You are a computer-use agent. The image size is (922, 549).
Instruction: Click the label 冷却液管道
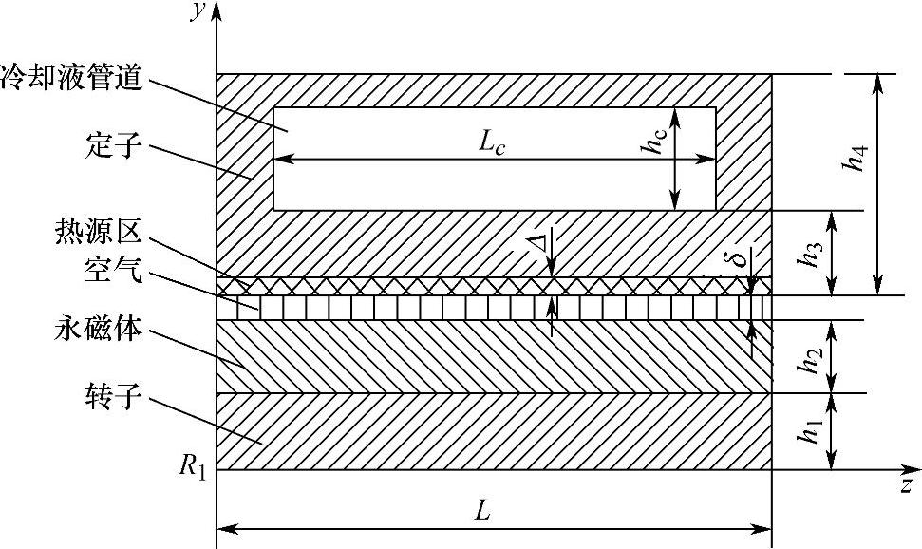[x=72, y=80]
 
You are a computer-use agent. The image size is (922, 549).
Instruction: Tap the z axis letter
[x=906, y=484]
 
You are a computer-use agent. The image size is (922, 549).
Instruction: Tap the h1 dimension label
[x=810, y=432]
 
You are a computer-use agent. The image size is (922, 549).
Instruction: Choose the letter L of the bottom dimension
[x=483, y=512]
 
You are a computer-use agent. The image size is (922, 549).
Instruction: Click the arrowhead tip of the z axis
[x=919, y=469]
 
